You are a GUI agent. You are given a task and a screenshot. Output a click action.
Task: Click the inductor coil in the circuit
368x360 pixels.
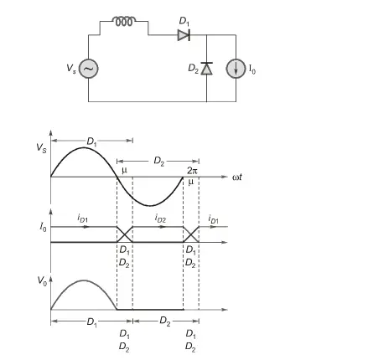point(124,22)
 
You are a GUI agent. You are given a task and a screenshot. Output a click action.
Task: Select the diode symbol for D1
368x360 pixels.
point(184,35)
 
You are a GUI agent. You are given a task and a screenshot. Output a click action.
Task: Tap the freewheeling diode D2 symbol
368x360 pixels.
point(206,69)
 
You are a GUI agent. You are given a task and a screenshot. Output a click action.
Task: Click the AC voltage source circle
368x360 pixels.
point(89,69)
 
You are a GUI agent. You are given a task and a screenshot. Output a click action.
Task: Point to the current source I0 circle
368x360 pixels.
point(236,69)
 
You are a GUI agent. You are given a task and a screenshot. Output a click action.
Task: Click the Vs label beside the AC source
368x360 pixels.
point(71,69)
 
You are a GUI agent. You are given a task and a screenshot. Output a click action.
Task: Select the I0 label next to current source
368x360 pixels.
point(252,69)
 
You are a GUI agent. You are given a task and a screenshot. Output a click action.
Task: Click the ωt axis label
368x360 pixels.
point(237,177)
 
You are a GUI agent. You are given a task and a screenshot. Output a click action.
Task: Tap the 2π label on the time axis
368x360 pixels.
point(192,171)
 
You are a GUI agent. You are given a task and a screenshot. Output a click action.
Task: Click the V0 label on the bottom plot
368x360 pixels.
point(42,280)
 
